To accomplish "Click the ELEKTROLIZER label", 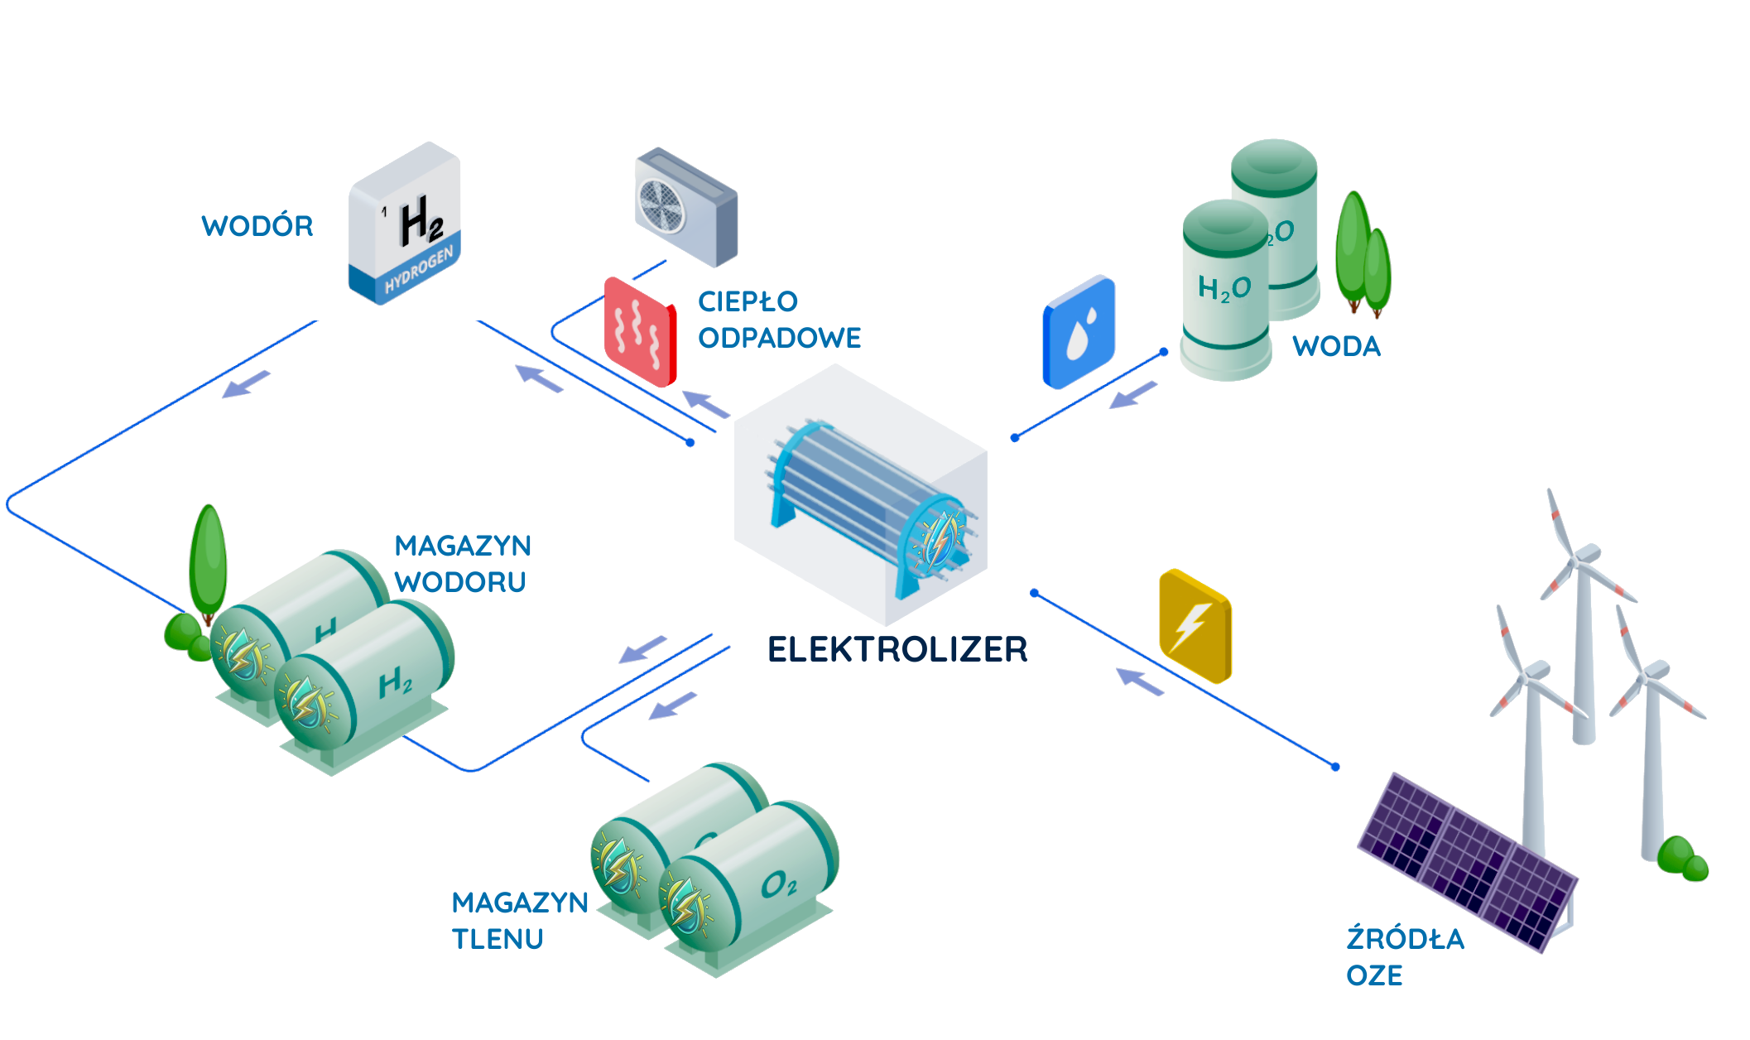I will coord(897,649).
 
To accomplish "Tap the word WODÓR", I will coord(257,226).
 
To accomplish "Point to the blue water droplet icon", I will coord(1079,332).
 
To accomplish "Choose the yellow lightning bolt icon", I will coord(1195,626).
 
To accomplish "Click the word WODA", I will coord(1337,346).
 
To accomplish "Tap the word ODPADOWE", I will coord(779,338).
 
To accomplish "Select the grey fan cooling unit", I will coord(685,207).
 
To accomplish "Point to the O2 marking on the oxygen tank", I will coord(778,885).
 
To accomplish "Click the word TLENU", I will coord(498,939).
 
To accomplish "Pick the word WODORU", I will coord(460,582).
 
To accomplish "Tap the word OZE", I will coord(1374,975).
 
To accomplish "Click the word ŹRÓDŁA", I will coord(1405,939).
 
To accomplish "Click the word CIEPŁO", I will coord(748,301).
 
